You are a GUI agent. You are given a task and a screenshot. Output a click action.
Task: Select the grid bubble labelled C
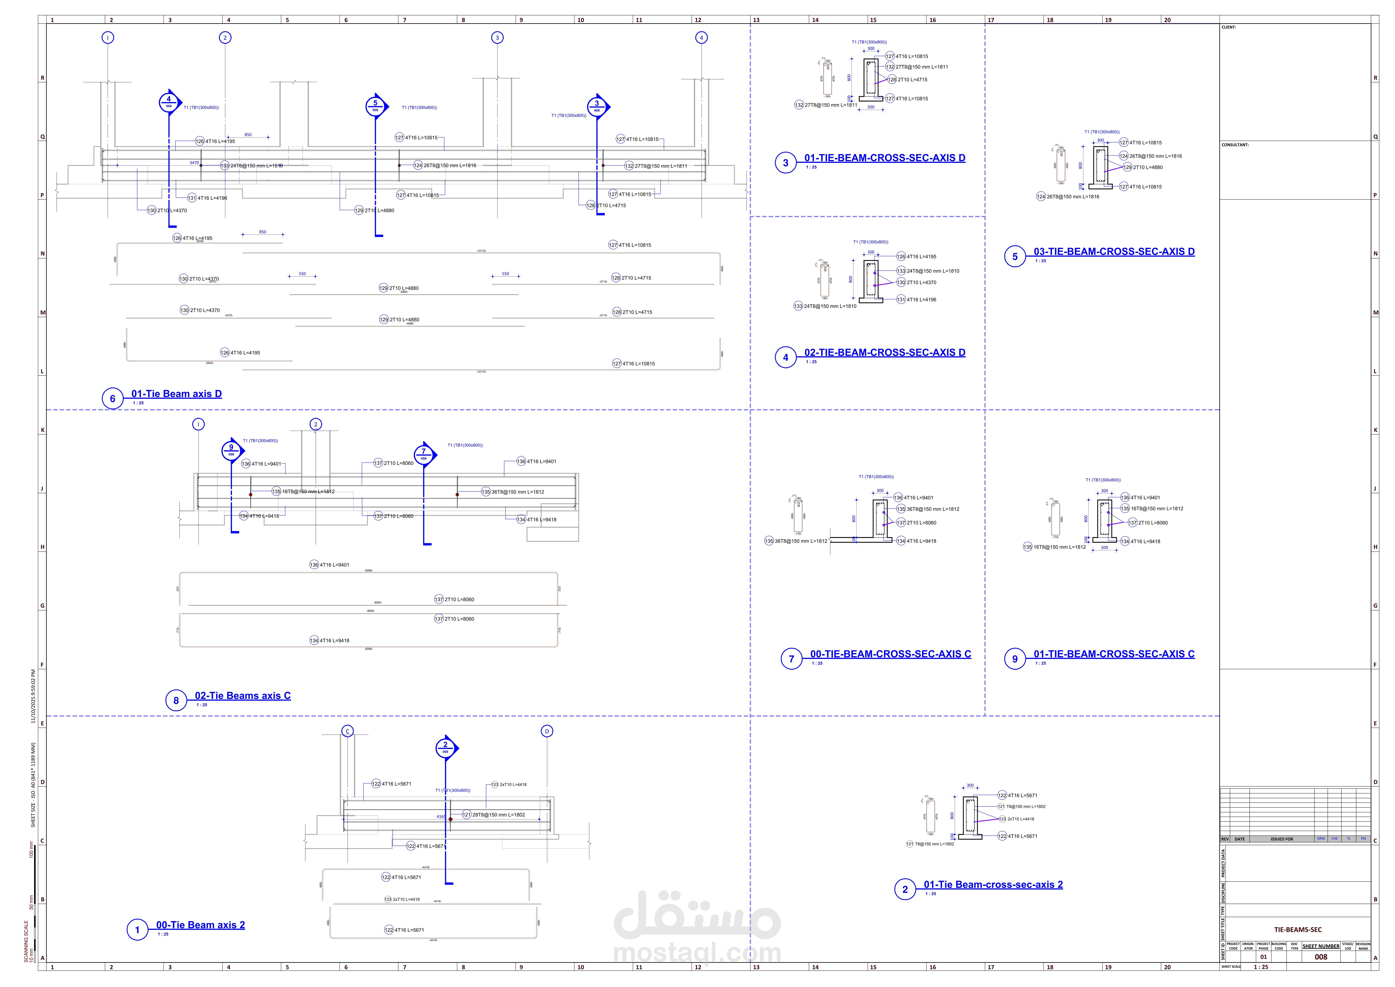coord(348,731)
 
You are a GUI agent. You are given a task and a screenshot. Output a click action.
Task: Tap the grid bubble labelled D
coord(547,731)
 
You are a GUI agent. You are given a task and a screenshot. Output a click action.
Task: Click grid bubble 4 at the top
coord(701,38)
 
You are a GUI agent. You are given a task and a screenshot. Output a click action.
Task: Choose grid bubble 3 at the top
coord(497,38)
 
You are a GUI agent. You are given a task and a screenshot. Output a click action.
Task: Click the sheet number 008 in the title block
coord(1321,957)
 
